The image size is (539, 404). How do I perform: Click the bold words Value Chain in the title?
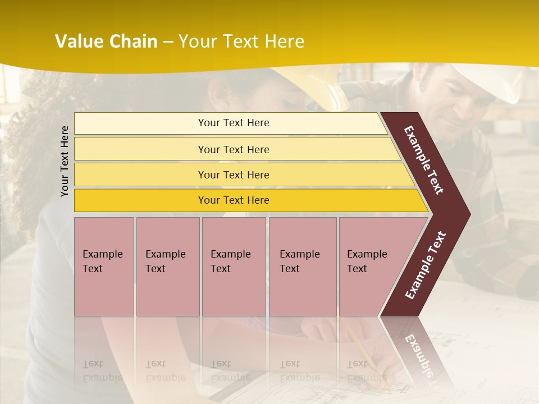[x=106, y=42]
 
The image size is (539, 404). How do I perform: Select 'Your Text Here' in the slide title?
[x=241, y=42]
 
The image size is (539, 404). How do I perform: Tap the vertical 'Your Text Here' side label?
[x=65, y=161]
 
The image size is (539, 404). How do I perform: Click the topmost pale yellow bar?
[x=140, y=123]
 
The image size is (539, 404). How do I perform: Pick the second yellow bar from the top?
[x=140, y=149]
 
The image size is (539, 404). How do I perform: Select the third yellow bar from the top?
[x=140, y=175]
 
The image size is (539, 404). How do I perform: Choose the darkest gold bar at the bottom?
[x=140, y=200]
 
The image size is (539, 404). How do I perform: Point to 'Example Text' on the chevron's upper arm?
[x=424, y=160]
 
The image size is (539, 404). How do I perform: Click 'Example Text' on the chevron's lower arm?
[x=426, y=265]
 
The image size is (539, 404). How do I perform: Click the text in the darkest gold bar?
[x=234, y=200]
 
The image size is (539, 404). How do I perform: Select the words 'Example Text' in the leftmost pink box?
[x=102, y=261]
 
